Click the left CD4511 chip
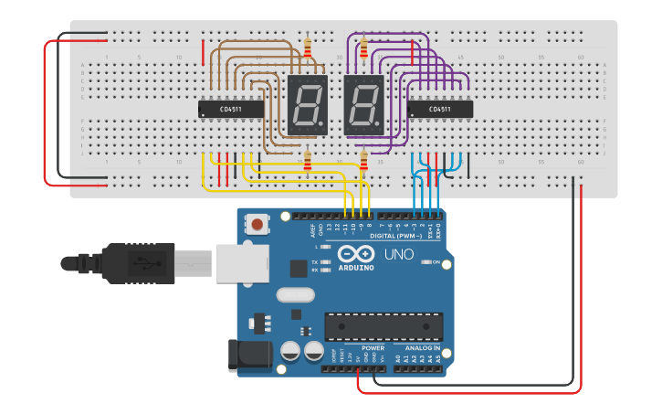coord(231,109)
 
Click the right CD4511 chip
coord(439,109)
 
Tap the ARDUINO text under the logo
coord(355,267)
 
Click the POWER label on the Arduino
coord(373,347)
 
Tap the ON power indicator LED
coord(426,262)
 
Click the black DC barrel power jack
coord(249,355)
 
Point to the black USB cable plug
coord(146,263)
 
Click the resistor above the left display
coord(308,48)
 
